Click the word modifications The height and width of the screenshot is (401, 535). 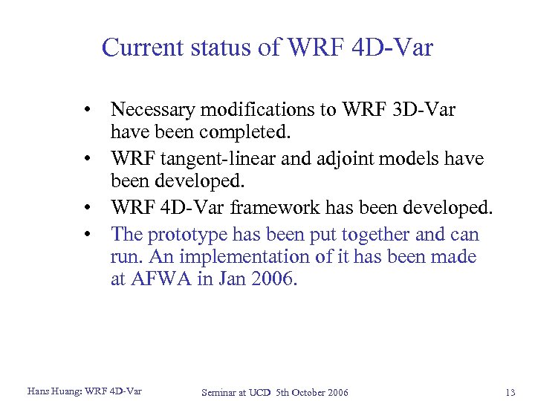[254, 110]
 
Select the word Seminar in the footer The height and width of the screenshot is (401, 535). [221, 392]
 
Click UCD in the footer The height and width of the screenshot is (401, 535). [261, 392]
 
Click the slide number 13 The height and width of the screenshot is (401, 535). [509, 392]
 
